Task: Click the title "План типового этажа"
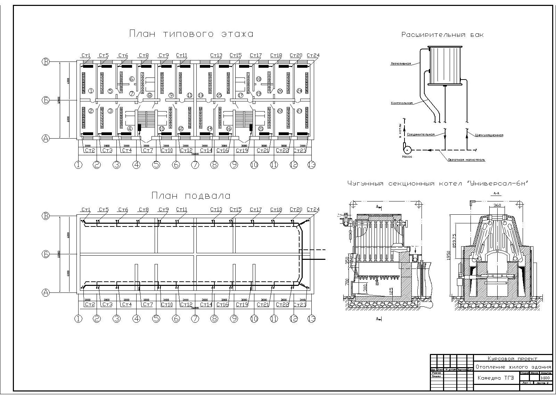coord(191,34)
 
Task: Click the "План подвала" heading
coord(191,196)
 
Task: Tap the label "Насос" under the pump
coord(407,157)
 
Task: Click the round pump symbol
coord(407,150)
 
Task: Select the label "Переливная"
coord(401,64)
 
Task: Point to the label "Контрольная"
coord(402,103)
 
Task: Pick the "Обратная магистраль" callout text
coord(466,160)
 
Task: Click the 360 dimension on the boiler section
coord(497,205)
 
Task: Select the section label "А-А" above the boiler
coord(496,193)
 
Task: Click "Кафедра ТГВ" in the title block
coord(495,378)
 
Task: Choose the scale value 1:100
coord(545,378)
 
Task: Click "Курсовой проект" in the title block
coord(512,358)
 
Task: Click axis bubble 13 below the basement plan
coord(311,319)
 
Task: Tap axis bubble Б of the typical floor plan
coord(46,100)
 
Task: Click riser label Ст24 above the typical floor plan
coord(313,56)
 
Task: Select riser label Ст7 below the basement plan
coord(148,304)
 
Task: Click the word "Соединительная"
coord(421,134)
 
